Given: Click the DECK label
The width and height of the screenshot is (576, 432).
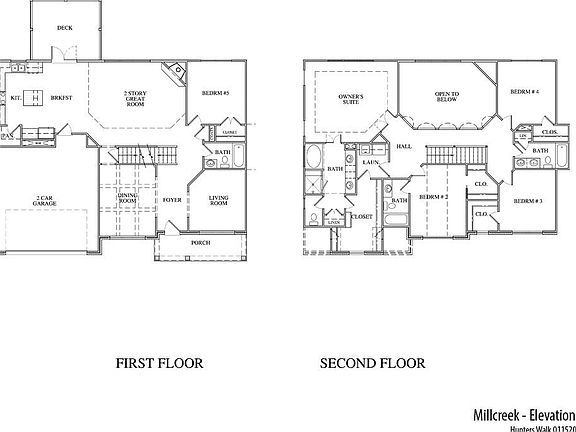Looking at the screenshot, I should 64,29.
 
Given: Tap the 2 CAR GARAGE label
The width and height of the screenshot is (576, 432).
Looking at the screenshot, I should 44,201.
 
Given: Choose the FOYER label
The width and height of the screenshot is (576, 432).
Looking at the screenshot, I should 172,200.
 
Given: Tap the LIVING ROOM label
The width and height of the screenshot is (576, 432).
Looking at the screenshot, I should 219,201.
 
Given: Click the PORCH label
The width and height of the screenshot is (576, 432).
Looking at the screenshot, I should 200,244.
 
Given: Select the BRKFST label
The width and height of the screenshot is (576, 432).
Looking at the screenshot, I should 60,98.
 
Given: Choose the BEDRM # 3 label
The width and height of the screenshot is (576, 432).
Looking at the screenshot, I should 528,201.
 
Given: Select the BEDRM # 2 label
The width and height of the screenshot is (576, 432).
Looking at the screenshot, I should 432,197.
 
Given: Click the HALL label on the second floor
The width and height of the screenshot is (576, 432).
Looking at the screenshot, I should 404,147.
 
